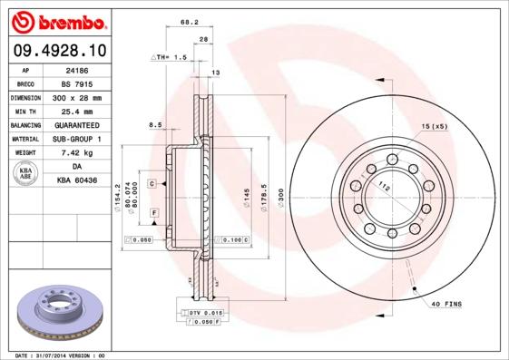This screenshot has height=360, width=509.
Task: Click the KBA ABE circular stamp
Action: tap(24, 174)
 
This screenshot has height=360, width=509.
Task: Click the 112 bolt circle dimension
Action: tap(384, 188)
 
